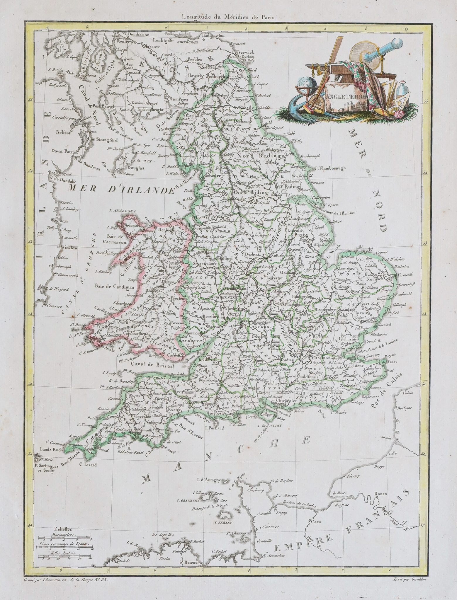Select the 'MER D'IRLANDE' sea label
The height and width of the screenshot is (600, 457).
[120, 190]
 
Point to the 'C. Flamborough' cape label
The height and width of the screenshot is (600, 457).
[330, 168]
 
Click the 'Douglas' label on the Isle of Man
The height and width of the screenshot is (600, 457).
[135, 168]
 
